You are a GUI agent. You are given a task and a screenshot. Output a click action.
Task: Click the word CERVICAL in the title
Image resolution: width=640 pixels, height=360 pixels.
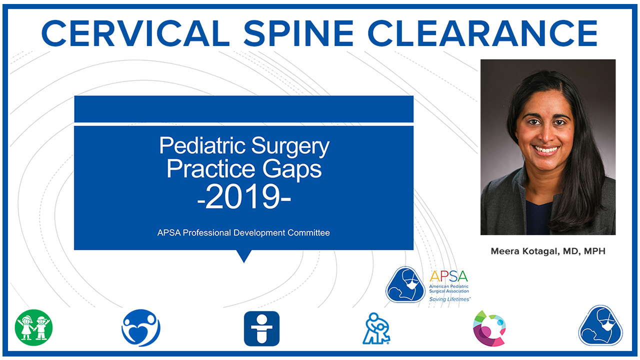tap(135, 33)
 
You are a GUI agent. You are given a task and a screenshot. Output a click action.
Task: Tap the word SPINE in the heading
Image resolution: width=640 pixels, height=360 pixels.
tap(298, 33)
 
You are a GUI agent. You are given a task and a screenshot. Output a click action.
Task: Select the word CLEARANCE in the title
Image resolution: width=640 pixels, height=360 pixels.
tap(483, 33)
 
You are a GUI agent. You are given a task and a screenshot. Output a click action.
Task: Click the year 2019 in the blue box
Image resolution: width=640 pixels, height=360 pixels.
tap(244, 197)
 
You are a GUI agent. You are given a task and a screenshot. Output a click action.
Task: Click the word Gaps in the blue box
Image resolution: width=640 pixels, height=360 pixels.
tap(292, 169)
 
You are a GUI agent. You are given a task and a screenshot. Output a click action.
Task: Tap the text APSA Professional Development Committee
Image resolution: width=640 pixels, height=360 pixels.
tap(243, 232)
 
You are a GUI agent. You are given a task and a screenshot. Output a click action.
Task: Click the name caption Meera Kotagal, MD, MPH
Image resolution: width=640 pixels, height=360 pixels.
tap(548, 251)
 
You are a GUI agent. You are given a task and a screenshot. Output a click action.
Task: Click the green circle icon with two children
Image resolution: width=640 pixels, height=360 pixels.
tap(33, 327)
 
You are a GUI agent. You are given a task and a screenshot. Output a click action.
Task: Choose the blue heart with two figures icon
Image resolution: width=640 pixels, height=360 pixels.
tap(141, 327)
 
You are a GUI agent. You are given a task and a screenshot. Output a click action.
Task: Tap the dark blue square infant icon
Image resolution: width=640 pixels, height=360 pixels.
tap(261, 328)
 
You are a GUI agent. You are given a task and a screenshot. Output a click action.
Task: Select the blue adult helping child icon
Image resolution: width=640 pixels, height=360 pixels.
tap(376, 328)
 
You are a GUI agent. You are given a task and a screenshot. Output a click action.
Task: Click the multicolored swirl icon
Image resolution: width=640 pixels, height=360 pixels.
tap(489, 328)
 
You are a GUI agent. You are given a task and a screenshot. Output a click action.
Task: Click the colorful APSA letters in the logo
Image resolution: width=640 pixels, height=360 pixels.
tap(448, 276)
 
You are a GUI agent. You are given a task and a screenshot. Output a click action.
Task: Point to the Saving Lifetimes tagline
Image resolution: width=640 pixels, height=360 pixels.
tap(449, 299)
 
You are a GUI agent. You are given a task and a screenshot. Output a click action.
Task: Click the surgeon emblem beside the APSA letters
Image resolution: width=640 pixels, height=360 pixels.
tap(405, 284)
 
